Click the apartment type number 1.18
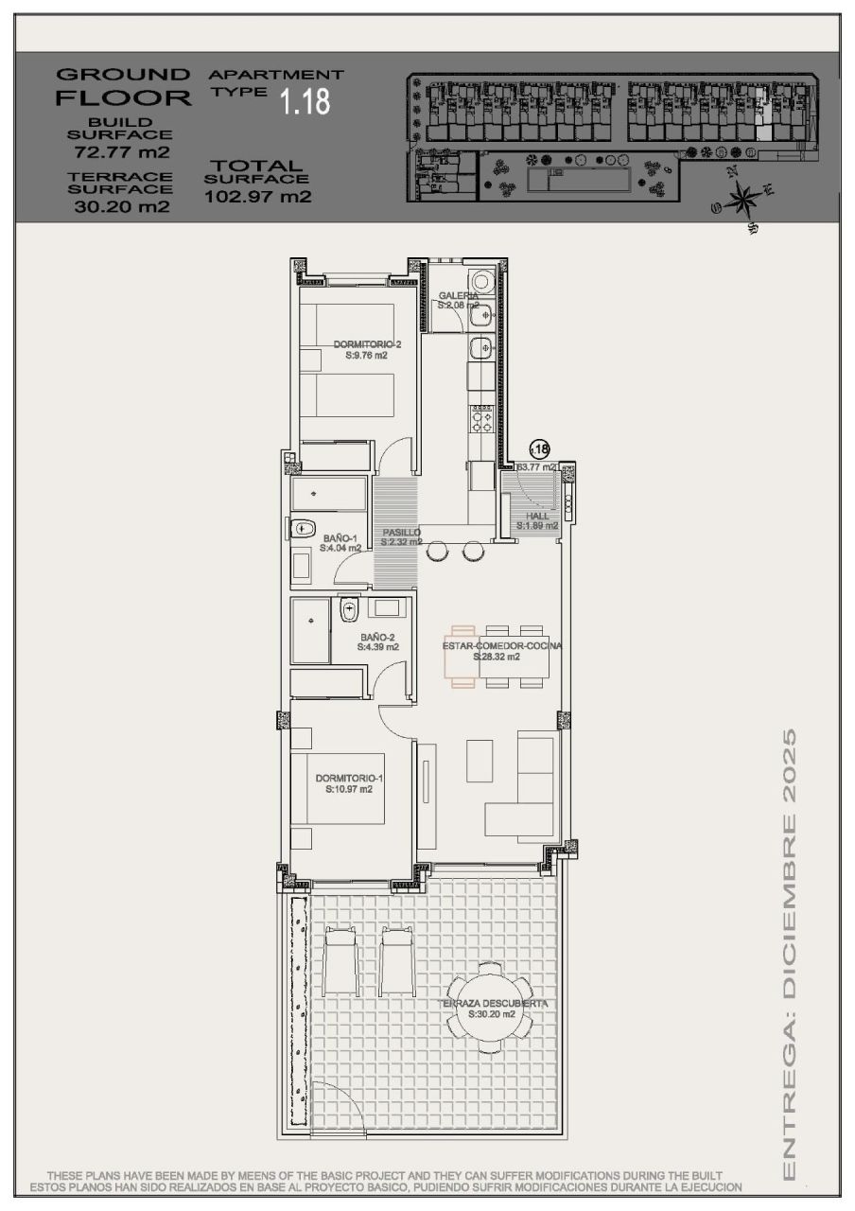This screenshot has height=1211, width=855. pyautogui.click(x=305, y=101)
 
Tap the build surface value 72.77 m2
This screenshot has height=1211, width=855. pyautogui.click(x=122, y=151)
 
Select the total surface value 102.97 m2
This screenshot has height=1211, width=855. pyautogui.click(x=257, y=197)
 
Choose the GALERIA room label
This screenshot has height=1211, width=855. pyautogui.click(x=458, y=296)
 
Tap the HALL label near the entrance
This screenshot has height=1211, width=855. pyautogui.click(x=537, y=517)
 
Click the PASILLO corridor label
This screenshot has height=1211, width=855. pyautogui.click(x=401, y=533)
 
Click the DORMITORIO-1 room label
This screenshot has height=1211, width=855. pyautogui.click(x=349, y=779)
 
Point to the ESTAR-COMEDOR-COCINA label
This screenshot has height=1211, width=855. pyautogui.click(x=501, y=646)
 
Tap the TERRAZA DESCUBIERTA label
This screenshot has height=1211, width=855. pyautogui.click(x=493, y=1004)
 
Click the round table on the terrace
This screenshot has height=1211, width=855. pyautogui.click(x=490, y=1009)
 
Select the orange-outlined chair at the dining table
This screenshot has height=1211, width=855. pyautogui.click(x=462, y=657)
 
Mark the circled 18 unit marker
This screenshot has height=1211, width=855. pyautogui.click(x=539, y=449)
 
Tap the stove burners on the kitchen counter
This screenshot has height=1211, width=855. pyautogui.click(x=481, y=417)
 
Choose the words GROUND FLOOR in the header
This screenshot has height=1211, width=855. pyautogui.click(x=123, y=86)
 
